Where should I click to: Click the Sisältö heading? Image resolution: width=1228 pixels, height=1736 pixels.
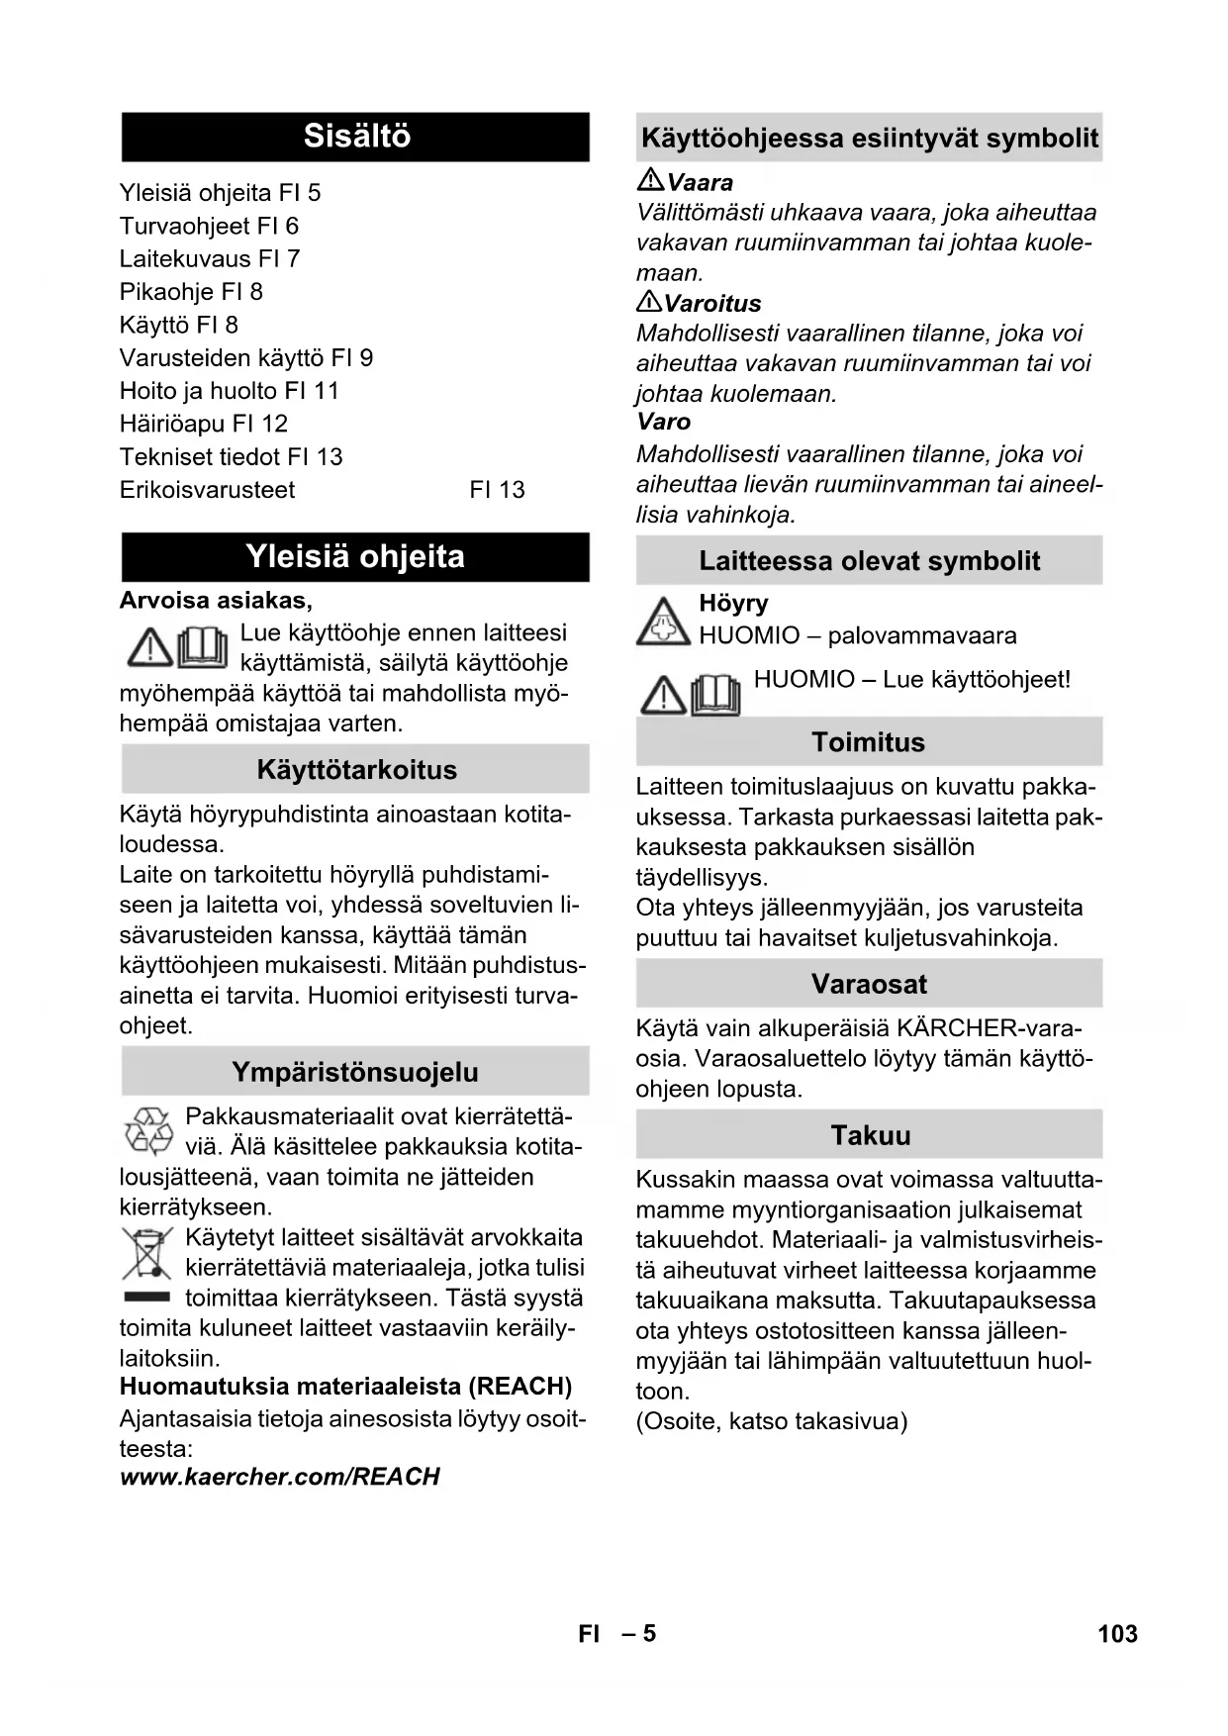point(356,137)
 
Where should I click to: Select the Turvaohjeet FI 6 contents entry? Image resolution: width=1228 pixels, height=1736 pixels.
point(209,226)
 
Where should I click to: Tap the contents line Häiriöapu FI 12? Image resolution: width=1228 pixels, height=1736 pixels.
point(204,424)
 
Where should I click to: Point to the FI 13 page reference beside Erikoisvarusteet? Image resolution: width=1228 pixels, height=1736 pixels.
point(497,490)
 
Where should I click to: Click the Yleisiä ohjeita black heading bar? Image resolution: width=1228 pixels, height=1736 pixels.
point(355,557)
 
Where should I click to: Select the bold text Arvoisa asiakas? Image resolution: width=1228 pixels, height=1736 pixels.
point(216,601)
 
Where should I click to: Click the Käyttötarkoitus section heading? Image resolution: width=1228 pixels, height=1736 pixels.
point(356,770)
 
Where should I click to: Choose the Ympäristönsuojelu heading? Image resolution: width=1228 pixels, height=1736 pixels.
point(355,1072)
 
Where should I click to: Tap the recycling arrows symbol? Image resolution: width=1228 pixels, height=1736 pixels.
point(148,1131)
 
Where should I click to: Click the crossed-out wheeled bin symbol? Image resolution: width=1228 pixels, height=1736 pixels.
point(146,1254)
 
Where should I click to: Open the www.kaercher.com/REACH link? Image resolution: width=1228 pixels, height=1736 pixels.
point(280,1477)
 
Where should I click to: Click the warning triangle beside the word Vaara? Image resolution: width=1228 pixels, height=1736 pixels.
point(650,180)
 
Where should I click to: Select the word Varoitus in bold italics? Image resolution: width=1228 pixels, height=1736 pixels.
point(713,304)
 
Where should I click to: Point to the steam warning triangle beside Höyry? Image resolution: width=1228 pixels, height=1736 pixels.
point(662,622)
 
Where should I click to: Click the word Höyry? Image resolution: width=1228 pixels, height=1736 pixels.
point(733,604)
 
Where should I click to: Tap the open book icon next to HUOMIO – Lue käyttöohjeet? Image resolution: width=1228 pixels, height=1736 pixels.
point(715,695)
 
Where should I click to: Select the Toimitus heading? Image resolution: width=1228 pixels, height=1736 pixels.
point(868,742)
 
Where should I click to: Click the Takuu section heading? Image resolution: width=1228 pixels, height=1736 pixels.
point(870,1135)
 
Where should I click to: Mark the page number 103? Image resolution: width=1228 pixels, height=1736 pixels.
point(1117,1634)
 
